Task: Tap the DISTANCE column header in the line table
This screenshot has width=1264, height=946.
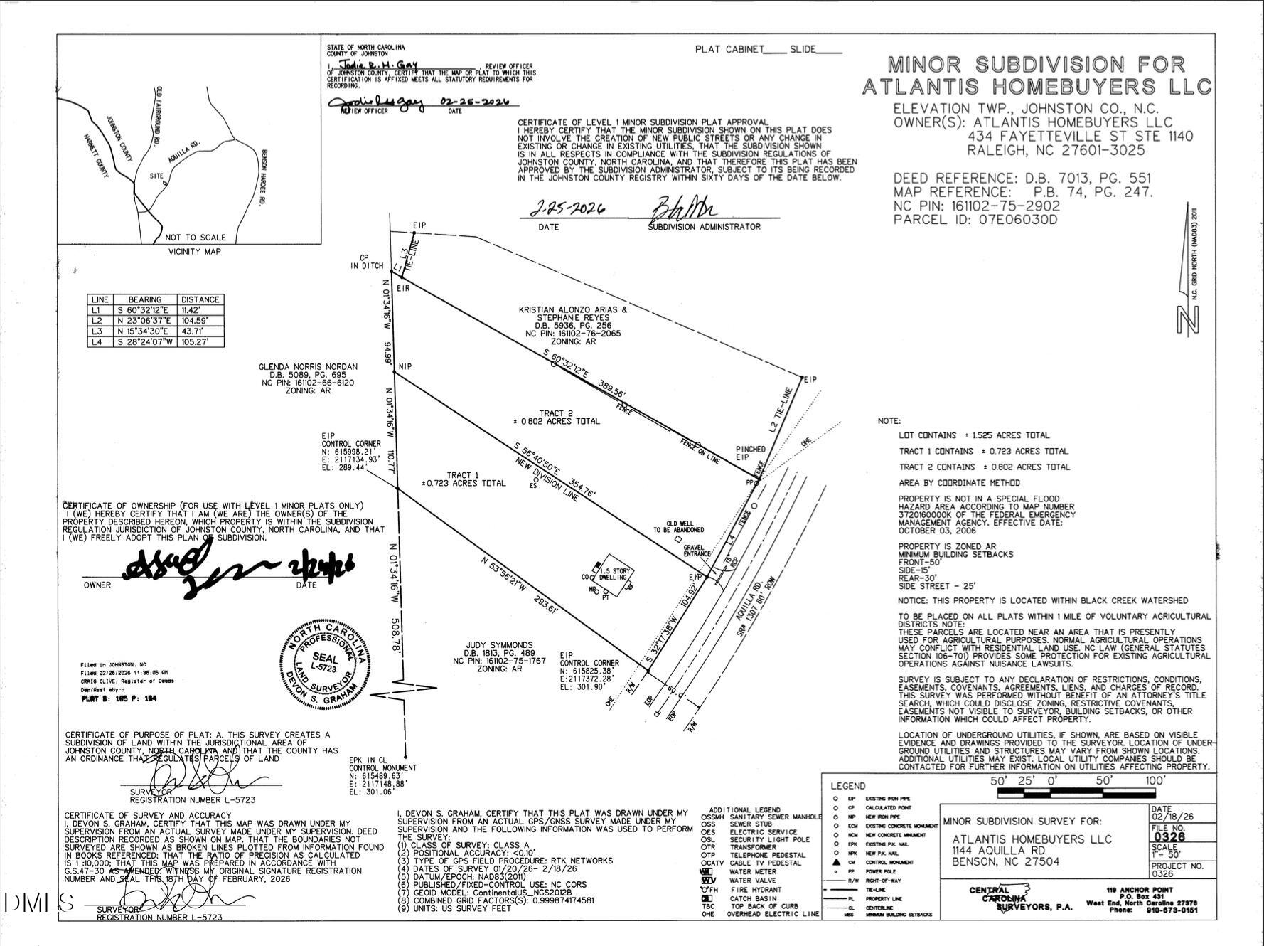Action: [x=200, y=299]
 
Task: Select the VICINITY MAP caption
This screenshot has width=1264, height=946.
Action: [x=194, y=251]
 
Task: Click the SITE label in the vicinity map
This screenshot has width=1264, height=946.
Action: [x=156, y=176]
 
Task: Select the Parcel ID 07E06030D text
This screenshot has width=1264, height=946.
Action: [x=975, y=220]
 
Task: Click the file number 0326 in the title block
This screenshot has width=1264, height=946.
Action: [x=1169, y=837]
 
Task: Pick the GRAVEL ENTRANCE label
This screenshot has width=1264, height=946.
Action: [x=697, y=551]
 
